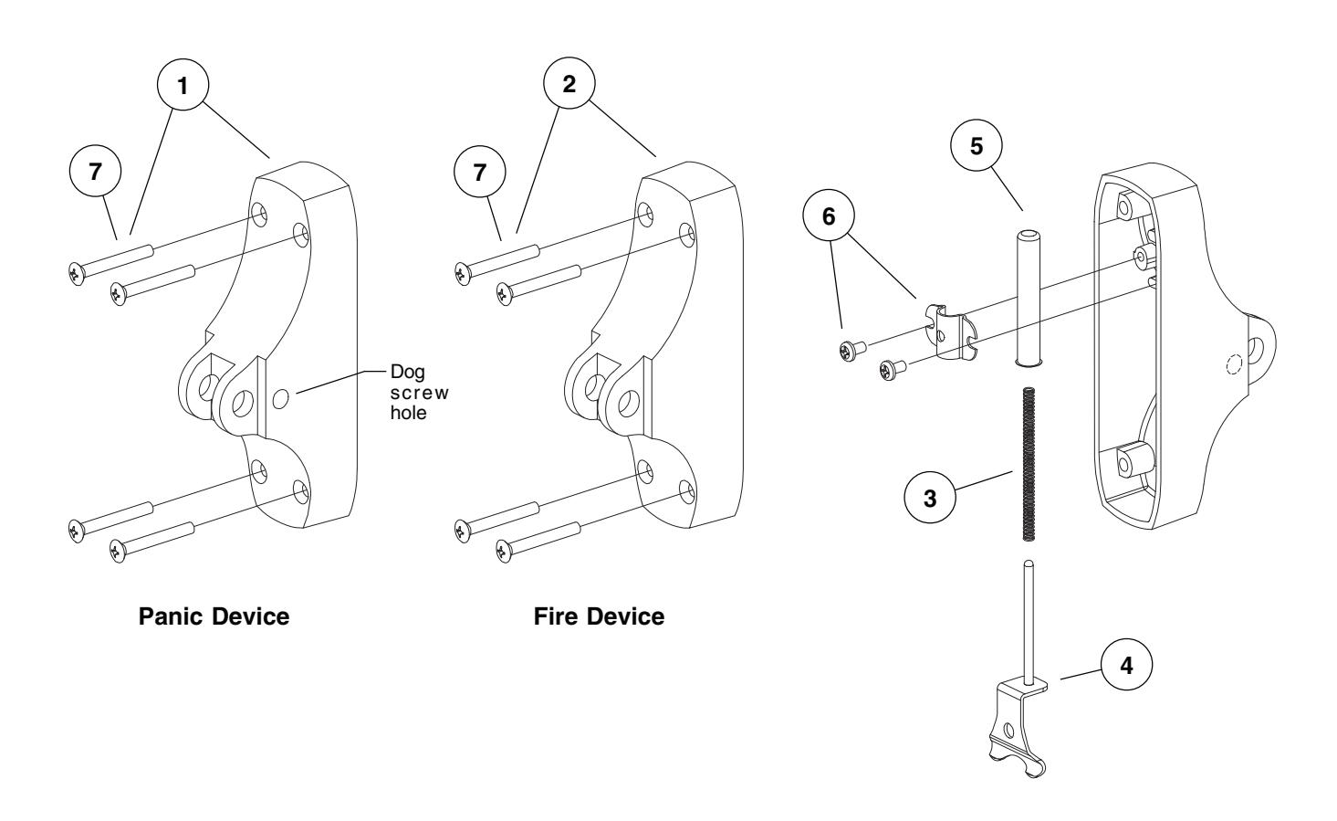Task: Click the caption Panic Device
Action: (214, 616)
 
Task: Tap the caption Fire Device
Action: (599, 616)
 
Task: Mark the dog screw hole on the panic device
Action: (283, 397)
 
